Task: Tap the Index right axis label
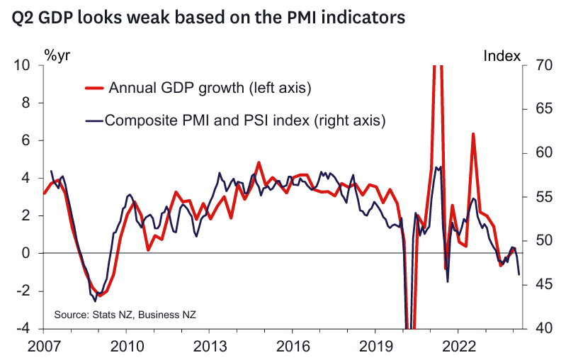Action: pyautogui.click(x=502, y=55)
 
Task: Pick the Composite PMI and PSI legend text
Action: pyautogui.click(x=244, y=120)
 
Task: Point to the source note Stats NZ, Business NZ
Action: pyautogui.click(x=125, y=314)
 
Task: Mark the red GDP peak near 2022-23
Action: pyautogui.click(x=473, y=134)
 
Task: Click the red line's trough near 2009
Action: pyautogui.click(x=99, y=296)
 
